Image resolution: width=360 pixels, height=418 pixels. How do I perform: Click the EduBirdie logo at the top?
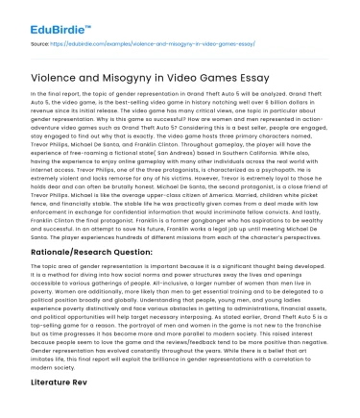click(x=37, y=15)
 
